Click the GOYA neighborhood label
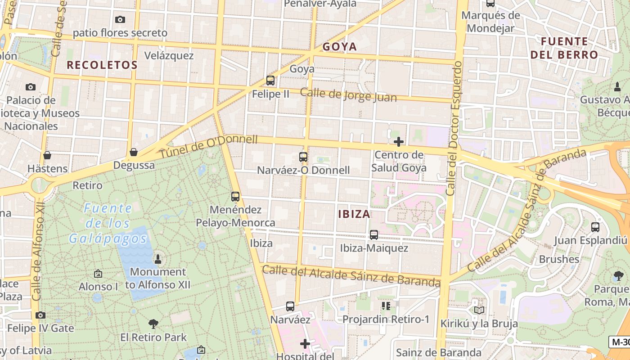pos(340,47)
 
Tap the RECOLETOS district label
pos(102,65)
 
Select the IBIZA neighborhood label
pos(354,214)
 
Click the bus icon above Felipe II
pos(270,81)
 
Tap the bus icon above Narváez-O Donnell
pos(303,157)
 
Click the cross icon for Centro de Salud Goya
pos(398,142)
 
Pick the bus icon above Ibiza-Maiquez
pos(374,235)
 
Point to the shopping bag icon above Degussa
pos(134,152)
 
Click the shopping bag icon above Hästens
pos(47,156)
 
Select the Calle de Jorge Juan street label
pos(348,95)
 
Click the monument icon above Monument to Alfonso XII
pos(158,259)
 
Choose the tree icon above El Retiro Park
pos(153,324)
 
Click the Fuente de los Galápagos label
pos(108,223)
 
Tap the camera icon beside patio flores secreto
pos(120,19)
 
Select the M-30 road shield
pos(621,342)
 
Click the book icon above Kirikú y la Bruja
pos(479,310)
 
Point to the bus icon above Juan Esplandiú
pos(595,227)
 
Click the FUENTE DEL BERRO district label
pos(564,48)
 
